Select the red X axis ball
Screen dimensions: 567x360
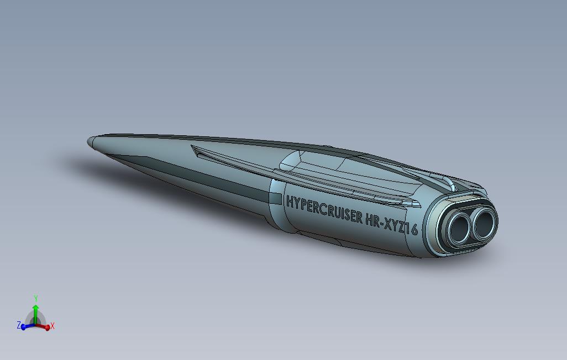click(x=48, y=328)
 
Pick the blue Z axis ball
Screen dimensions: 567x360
click(x=24, y=327)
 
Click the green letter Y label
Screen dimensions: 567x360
click(x=36, y=299)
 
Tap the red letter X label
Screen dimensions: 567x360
click(x=53, y=326)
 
